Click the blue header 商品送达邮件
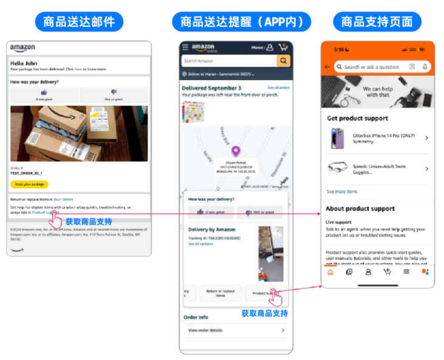coord(78,22)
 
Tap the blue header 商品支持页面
coord(377,22)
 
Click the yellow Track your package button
coord(29,184)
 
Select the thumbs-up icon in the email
coord(44,92)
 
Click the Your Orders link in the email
coord(63,199)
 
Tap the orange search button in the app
coord(283,61)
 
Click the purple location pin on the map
coord(236,151)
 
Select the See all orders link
coord(278,88)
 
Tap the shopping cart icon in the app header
coord(283,47)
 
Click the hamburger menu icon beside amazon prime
coord(185,47)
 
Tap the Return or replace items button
coord(220,293)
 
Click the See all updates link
coord(200,243)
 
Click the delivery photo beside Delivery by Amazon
coord(270,254)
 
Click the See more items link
coord(342,191)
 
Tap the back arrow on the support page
coord(328,67)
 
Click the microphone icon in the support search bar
coord(425,67)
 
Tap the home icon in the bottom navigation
coord(330,272)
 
